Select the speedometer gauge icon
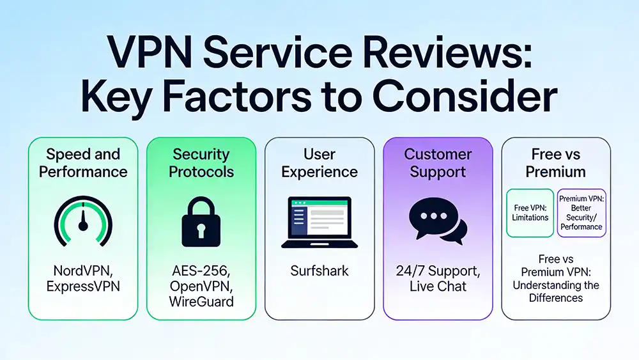pyautogui.click(x=82, y=221)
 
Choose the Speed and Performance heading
pyautogui.click(x=82, y=163)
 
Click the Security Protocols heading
pyautogui.click(x=201, y=163)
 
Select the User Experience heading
pyautogui.click(x=319, y=163)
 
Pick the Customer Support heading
pyautogui.click(x=438, y=163)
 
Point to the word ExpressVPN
pyautogui.click(x=82, y=286)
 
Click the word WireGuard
pyautogui.click(x=201, y=302)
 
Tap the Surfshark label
pyautogui.click(x=319, y=270)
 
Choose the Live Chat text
pyautogui.click(x=438, y=286)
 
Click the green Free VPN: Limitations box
pyautogui.click(x=530, y=213)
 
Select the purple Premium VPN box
pyautogui.click(x=581, y=213)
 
